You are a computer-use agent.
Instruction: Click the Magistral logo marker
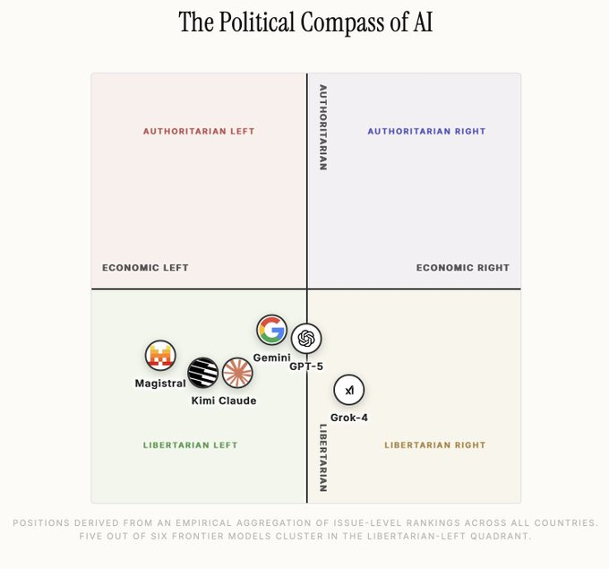coord(160,356)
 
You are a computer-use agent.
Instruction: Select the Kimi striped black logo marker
coord(202,372)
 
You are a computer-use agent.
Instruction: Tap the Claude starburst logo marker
coord(237,372)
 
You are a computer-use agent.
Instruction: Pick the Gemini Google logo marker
coord(271,330)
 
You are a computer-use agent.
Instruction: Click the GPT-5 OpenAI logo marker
coord(306,338)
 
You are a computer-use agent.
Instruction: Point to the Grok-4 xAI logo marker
coord(349,391)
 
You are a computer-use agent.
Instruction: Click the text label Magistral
coord(160,384)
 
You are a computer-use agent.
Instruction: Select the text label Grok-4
coord(349,418)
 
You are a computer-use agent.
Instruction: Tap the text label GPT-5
coord(306,366)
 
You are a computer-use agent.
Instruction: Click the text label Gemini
coord(271,358)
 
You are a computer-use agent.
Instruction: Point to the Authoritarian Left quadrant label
coord(199,132)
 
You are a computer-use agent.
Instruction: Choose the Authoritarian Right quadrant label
coord(426,132)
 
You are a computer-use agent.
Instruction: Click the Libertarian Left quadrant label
coord(190,445)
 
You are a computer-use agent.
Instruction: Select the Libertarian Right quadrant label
coord(435,445)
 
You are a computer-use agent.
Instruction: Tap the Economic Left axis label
coord(145,268)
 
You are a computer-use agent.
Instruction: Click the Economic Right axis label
coord(463,268)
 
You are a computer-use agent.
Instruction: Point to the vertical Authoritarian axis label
coord(323,127)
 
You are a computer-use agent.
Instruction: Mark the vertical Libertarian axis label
coord(323,457)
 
